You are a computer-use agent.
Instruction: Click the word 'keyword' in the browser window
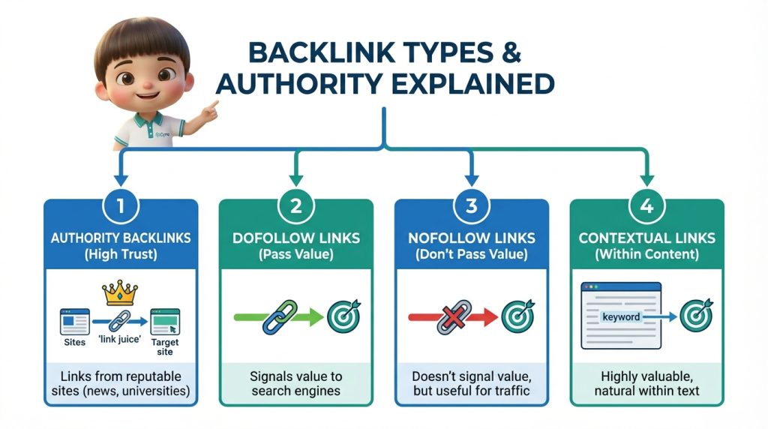[x=621, y=316]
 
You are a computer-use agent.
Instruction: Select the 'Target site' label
[x=165, y=346]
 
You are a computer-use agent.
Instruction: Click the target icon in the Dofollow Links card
[x=343, y=316]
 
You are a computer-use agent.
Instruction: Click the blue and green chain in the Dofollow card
[x=279, y=316]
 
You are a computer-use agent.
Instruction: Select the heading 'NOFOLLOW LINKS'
[x=471, y=238]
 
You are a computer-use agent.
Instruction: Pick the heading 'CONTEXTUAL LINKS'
[x=646, y=238]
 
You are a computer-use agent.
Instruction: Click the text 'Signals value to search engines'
[x=295, y=382]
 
